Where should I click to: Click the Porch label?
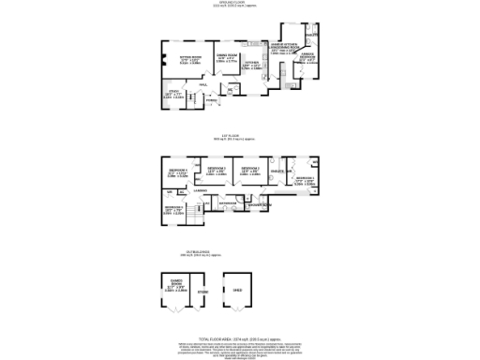[212, 100]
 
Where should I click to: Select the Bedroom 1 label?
[305, 178]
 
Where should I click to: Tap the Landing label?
[200, 191]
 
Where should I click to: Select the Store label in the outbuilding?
[202, 292]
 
